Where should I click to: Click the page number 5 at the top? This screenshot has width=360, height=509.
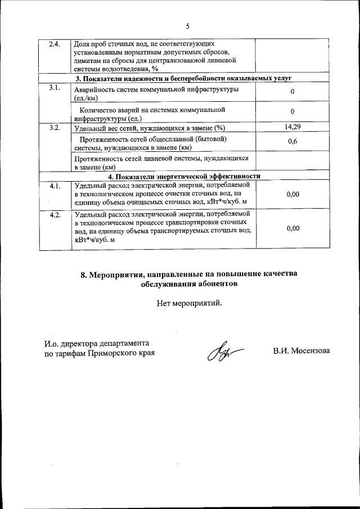188,26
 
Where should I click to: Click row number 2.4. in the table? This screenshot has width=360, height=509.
54,44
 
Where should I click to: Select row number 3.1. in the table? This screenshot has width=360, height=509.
54,87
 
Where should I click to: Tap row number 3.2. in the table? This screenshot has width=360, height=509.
54,128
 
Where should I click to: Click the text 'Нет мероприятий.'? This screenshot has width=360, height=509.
190,304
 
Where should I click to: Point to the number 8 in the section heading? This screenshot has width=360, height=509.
83,274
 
